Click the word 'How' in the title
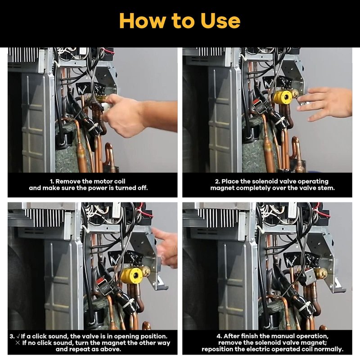[x=142, y=21]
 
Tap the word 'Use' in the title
[x=220, y=21]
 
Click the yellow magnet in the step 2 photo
[x=283, y=97]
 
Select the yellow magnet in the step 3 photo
[x=132, y=275]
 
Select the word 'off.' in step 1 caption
[x=142, y=188]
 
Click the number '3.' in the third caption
[x=12, y=336]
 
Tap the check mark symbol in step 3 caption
[x=18, y=336]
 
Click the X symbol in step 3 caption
[x=18, y=343]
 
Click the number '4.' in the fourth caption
[x=219, y=336]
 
